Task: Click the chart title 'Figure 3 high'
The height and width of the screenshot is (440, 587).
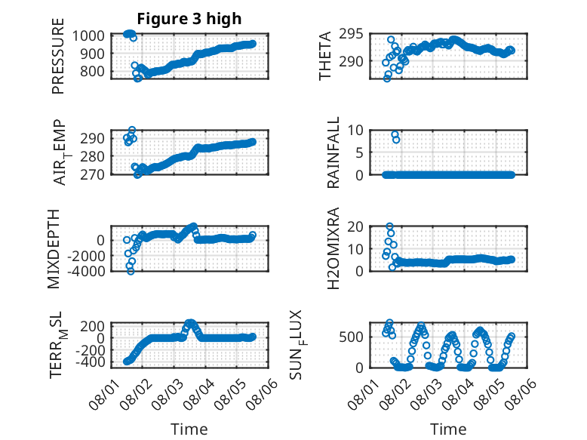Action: click(x=189, y=19)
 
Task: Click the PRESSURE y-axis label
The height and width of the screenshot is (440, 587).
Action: click(x=58, y=56)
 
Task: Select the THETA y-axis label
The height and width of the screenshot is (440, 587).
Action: click(x=325, y=56)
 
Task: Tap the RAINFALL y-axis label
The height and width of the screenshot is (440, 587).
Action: click(x=333, y=152)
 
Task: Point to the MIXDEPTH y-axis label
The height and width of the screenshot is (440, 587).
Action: click(x=54, y=249)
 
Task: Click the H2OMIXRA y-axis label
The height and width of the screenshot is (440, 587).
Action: click(x=333, y=248)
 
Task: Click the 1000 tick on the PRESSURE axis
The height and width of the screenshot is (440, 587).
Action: click(x=88, y=36)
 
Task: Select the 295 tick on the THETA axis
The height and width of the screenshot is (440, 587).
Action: click(x=351, y=34)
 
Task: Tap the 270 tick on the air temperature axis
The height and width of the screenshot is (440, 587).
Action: click(x=92, y=174)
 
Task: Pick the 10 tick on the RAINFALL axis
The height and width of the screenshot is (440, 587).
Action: click(x=355, y=131)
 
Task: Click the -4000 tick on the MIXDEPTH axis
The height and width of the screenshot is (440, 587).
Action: click(x=87, y=271)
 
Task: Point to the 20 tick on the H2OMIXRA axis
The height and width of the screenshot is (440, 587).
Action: click(x=355, y=226)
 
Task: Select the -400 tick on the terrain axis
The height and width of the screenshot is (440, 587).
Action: click(x=91, y=362)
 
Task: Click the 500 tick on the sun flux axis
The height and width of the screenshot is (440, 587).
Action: click(x=351, y=337)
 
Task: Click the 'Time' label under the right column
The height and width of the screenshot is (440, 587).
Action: click(x=448, y=429)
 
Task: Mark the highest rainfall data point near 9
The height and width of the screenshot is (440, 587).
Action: click(x=395, y=134)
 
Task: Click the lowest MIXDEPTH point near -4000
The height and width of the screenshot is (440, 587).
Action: click(x=131, y=271)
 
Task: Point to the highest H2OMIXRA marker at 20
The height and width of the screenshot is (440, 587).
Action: click(x=390, y=226)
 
